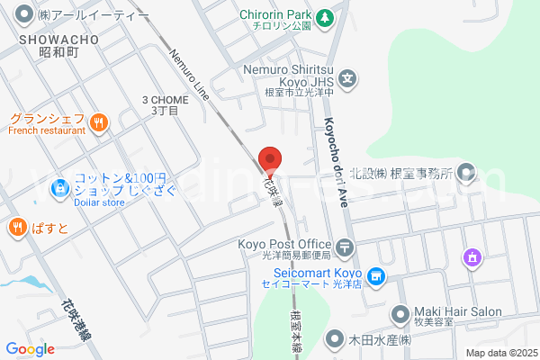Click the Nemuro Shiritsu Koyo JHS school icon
coord(350,80)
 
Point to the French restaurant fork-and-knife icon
coord(99,120)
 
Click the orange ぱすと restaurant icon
coord(17,227)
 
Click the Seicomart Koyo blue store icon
coord(378,275)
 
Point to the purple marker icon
coord(471,258)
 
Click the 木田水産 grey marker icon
coord(336,340)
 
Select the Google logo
coord(30,349)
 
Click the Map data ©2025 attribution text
coord(499,353)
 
